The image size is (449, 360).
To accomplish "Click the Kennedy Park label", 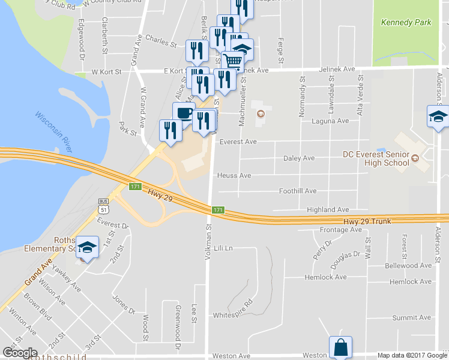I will point(406,23).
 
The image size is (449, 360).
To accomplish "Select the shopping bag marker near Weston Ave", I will point(340,347).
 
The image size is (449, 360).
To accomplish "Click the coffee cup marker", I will point(184,113).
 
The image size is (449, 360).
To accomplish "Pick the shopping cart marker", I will point(232,61).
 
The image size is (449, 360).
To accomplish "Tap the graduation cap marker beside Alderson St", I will point(438,116).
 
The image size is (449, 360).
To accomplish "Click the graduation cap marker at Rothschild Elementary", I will point(87,247).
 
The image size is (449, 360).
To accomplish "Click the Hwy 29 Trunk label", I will point(367,221).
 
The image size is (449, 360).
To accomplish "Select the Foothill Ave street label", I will point(298,191).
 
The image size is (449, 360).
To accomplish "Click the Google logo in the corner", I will point(20,352).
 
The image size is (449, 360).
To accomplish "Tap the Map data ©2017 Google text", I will point(411,355).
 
